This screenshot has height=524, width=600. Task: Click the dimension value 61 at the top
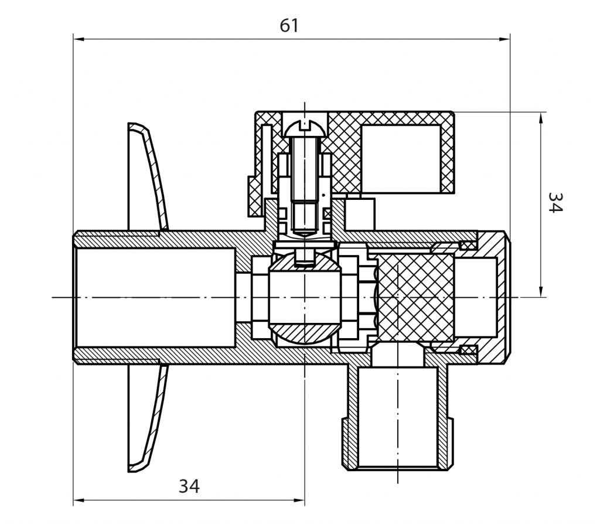click(x=289, y=26)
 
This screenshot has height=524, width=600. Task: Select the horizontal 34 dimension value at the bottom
click(x=189, y=486)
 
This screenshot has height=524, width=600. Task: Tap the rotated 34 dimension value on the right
click(x=554, y=203)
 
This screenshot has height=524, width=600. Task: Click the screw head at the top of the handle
click(x=305, y=127)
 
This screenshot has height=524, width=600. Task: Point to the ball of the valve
click(x=305, y=298)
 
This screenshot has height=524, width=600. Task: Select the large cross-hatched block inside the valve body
click(x=415, y=298)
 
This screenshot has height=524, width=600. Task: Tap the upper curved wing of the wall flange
click(x=150, y=176)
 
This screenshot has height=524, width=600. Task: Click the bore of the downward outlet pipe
click(x=397, y=416)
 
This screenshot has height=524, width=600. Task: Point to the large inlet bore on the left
click(x=155, y=298)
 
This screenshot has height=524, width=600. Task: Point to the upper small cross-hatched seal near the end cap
click(x=468, y=244)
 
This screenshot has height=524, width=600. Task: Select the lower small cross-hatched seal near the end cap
click(x=468, y=350)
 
